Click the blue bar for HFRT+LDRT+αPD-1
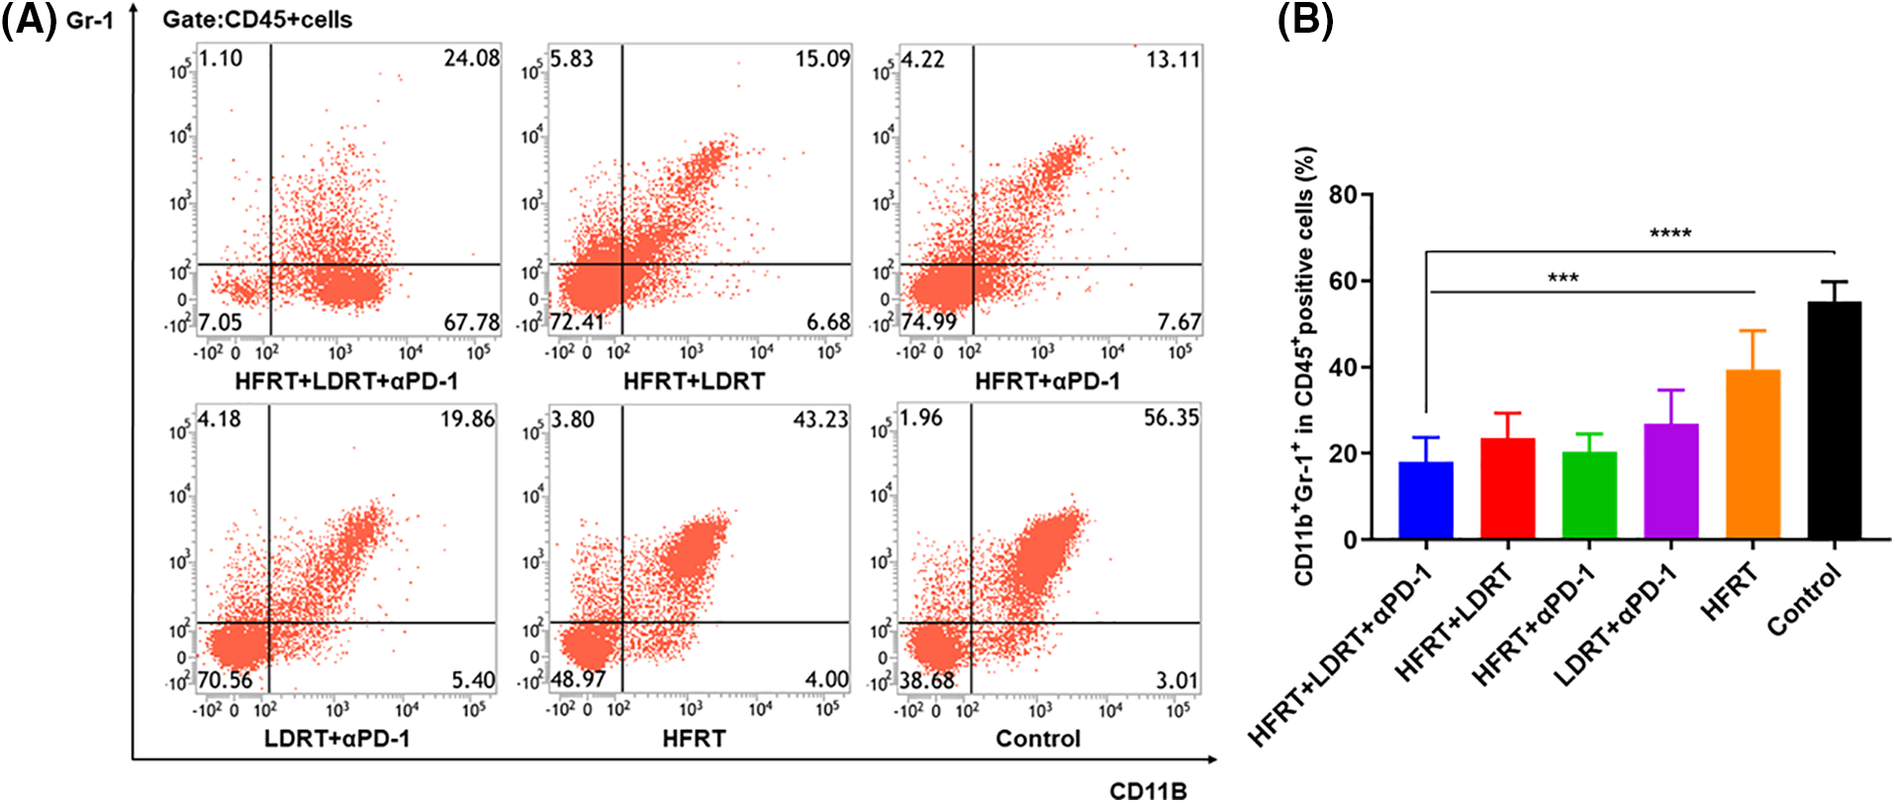tap(1426, 500)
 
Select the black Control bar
tap(1834, 421)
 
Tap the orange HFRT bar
tap(1753, 454)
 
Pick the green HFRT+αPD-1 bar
tap(1589, 495)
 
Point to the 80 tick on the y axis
tap(1342, 194)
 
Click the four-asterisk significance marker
tap(1670, 235)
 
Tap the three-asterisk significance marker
tap(1563, 278)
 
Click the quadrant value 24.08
tap(471, 58)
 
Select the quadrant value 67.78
tap(471, 323)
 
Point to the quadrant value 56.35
tap(1171, 418)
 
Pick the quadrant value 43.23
tap(820, 420)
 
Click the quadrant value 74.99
tap(928, 323)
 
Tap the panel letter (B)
tap(1304, 20)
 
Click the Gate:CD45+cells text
tap(257, 20)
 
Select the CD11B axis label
tap(1148, 790)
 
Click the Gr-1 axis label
tap(90, 20)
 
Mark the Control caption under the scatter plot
tap(1037, 739)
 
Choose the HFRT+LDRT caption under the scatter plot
tap(694, 381)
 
